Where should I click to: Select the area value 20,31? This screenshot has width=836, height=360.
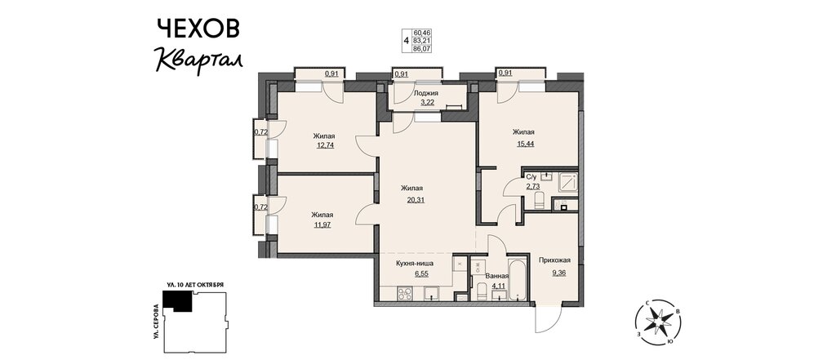pos(412,200)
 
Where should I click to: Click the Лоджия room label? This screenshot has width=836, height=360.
pos(426,93)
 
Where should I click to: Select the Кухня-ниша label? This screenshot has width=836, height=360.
pos(414,263)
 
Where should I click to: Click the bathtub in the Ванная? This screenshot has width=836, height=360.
pos(517,280)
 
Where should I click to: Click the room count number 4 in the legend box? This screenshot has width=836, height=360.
pos(407,41)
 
